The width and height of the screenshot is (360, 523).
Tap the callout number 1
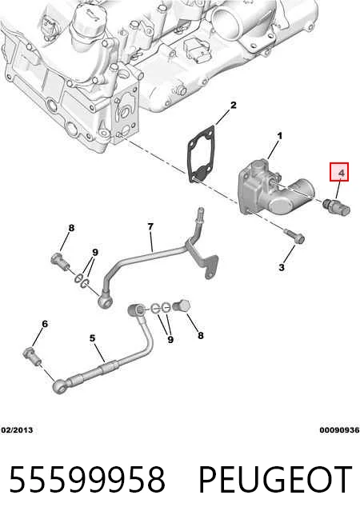pos(280,136)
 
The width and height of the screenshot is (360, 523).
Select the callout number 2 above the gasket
pos(234,105)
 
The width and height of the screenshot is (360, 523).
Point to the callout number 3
pos(282,267)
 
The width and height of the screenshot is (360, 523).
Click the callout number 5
pos(93,338)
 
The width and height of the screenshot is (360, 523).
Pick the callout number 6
pos(45,324)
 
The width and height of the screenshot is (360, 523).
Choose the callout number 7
pos(150,227)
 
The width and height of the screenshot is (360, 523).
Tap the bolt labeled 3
pos(294,236)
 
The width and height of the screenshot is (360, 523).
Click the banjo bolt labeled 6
pos(33,356)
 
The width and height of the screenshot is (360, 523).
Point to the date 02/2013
pos(17,430)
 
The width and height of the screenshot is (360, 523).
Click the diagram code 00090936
pos(339,430)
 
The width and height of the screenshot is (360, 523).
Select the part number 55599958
pos(87,479)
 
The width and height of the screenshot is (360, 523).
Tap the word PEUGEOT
pos(275,479)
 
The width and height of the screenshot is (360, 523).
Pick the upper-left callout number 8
pos(71,228)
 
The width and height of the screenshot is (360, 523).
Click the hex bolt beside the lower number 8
pos(182,306)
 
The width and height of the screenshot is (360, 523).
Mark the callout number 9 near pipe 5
pos(170,340)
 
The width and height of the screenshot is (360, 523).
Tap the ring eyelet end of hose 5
pos(60,386)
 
